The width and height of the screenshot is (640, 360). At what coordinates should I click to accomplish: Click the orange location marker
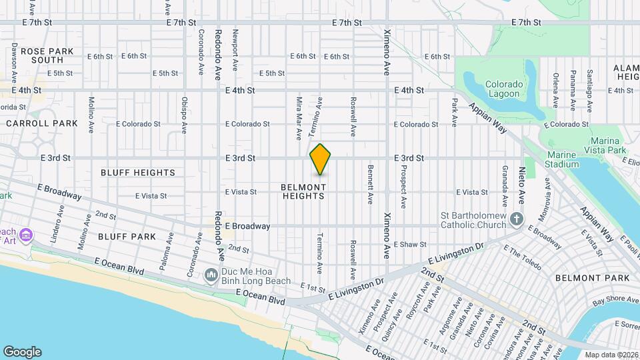[321, 159]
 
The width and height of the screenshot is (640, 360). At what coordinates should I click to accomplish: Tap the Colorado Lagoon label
[502, 89]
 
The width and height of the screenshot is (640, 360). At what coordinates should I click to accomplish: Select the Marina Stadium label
[562, 159]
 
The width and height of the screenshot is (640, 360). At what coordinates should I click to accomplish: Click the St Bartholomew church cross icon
[517, 219]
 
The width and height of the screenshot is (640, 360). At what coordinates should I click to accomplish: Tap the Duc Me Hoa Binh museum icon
[211, 275]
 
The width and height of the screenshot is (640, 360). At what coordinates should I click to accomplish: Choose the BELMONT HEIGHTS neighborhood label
[303, 191]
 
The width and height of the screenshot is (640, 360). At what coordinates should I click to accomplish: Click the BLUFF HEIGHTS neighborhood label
[138, 173]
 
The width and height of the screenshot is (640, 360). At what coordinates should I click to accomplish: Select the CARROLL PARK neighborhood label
[42, 123]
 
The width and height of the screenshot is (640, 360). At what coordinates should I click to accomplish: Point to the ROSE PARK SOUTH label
[42, 55]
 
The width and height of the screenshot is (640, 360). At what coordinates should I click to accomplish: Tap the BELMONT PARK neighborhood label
[592, 277]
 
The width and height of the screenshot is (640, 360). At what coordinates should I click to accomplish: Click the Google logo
[22, 352]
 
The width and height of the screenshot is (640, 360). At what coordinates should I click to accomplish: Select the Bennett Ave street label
[370, 184]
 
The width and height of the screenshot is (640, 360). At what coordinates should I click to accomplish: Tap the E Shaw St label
[409, 245]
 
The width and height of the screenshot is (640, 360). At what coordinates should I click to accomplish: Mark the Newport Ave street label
[235, 50]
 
